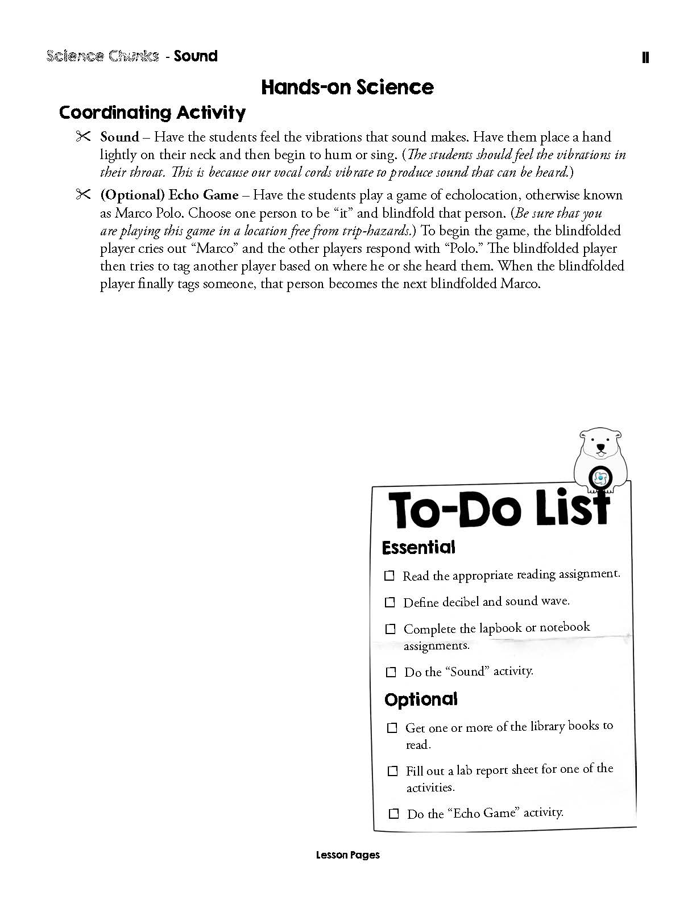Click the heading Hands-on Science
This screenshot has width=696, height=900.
(347, 87)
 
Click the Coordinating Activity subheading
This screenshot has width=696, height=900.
(152, 112)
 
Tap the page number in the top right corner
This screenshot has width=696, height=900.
(645, 57)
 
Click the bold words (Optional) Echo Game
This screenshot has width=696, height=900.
(169, 195)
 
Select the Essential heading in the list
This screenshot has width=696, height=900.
(419, 548)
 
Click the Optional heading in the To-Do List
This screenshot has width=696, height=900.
(421, 699)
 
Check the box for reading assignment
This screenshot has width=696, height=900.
(390, 576)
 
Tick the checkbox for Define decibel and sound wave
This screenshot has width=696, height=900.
(390, 602)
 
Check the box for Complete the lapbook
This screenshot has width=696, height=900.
(391, 629)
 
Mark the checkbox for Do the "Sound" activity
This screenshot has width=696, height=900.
(391, 672)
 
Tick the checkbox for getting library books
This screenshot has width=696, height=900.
(392, 728)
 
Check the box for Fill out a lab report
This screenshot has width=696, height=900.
(393, 771)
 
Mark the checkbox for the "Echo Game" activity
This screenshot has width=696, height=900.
(393, 814)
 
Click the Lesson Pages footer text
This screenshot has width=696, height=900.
(347, 855)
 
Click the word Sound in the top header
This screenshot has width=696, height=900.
(196, 56)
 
